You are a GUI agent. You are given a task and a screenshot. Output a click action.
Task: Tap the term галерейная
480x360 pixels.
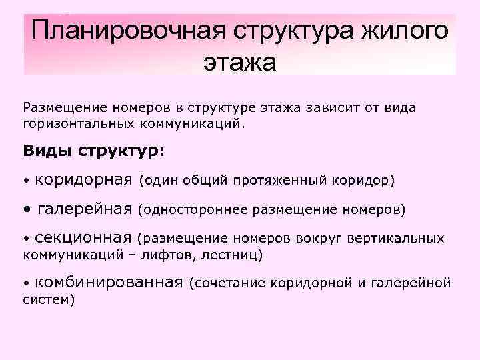(85, 209)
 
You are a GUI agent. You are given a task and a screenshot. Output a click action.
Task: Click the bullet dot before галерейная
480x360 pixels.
(27, 211)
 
